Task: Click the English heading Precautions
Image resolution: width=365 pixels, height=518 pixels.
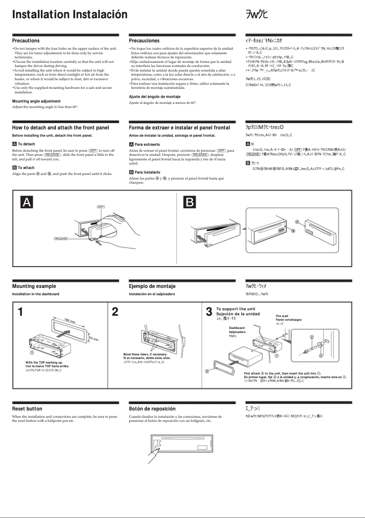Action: pos(25,41)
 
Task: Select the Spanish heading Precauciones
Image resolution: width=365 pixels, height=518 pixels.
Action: pos(144,41)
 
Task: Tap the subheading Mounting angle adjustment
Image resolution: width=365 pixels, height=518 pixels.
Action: pos(36,101)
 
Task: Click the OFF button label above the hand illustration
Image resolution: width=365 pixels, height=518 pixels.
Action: pos(101,207)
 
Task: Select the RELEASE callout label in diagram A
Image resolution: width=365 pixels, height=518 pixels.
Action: pos(61,238)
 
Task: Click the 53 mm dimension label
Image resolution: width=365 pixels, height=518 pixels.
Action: pos(93,339)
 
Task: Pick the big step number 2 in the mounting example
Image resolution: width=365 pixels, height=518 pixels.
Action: pos(115,312)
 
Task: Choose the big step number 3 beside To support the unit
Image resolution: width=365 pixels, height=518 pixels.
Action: pos(209,312)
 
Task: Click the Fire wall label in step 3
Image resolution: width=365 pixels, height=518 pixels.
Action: pos(282,316)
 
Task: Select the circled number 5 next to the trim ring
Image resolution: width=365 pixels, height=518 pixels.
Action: pos(207,371)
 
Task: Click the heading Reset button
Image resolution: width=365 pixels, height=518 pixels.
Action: pos(27,409)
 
